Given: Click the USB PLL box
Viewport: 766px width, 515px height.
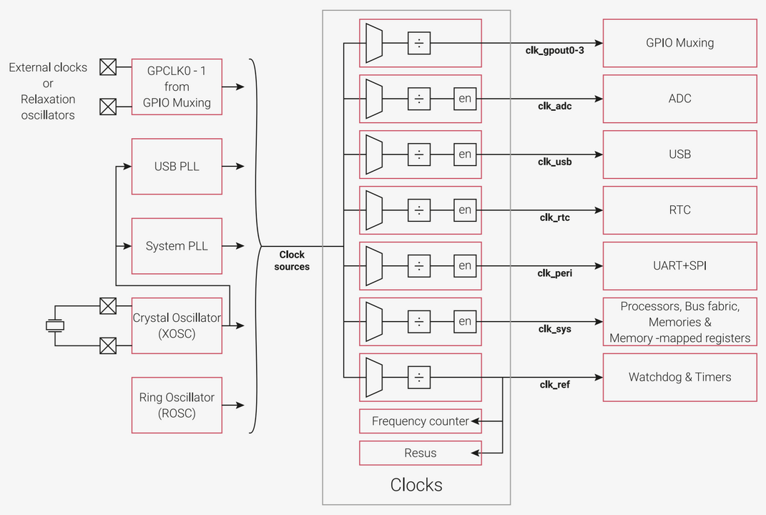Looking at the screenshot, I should [x=177, y=167].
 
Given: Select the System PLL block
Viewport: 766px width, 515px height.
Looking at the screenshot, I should [x=177, y=246].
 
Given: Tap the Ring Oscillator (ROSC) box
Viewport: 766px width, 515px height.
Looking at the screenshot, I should [x=177, y=405].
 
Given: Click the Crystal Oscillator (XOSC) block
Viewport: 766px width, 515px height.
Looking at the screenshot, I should [x=177, y=325].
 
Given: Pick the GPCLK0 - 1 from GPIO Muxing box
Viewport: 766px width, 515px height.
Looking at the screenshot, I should [x=177, y=87].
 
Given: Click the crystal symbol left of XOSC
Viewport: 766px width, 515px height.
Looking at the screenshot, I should [x=55, y=326].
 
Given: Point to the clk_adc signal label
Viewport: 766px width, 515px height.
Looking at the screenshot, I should [x=555, y=107].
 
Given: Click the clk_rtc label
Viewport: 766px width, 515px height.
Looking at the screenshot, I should [x=554, y=217].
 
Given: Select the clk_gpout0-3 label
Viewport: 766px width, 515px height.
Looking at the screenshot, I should [x=555, y=51].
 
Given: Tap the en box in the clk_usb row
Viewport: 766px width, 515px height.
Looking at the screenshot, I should [x=465, y=154].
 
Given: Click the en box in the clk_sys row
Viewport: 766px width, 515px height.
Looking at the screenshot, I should [x=465, y=322].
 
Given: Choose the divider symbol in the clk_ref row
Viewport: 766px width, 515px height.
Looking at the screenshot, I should [x=419, y=377].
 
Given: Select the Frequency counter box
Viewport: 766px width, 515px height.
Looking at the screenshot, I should [x=420, y=421].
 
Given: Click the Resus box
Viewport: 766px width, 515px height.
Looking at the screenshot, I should [x=420, y=453].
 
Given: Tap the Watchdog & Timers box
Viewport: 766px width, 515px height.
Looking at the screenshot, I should [x=679, y=377].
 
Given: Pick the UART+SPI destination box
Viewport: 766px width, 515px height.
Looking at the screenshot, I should [x=679, y=265].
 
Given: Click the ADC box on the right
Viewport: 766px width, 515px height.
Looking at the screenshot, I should [x=679, y=99].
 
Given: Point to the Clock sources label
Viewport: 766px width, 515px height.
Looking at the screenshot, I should [x=292, y=260].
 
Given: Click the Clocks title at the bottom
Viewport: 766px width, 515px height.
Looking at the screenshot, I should [x=416, y=485].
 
